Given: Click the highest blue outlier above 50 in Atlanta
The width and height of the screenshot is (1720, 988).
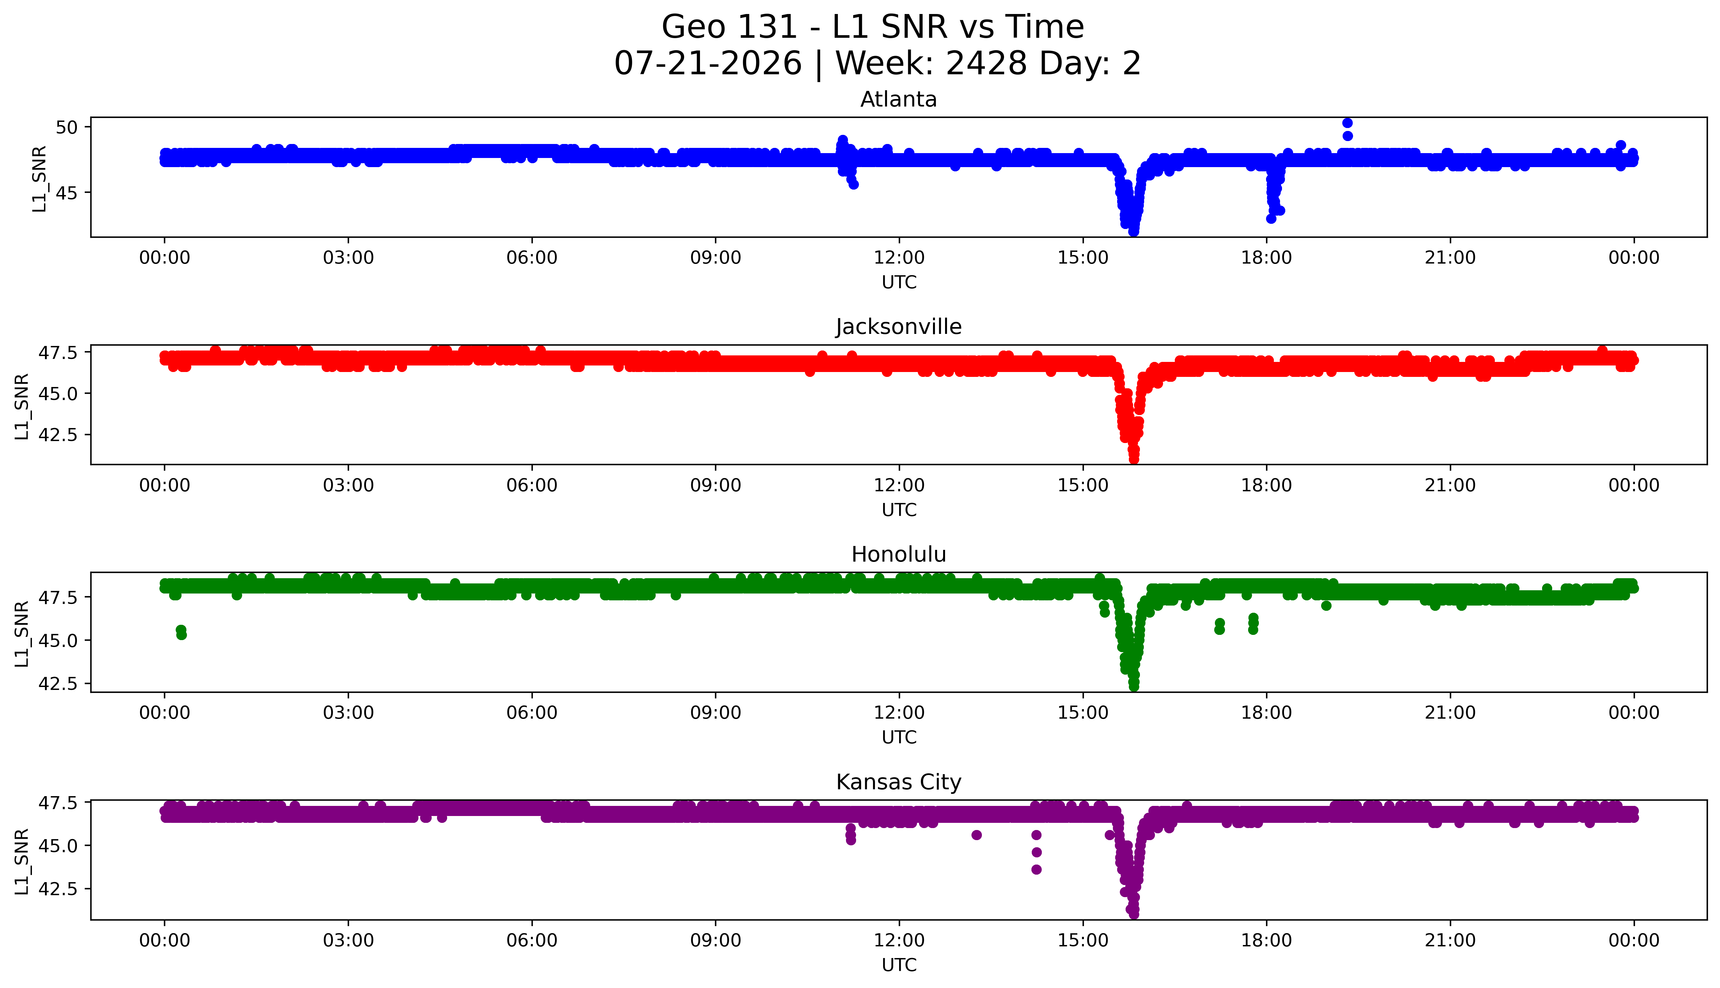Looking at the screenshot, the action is [1348, 123].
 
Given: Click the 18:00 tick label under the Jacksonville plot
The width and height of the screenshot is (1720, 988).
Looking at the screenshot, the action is [1267, 485].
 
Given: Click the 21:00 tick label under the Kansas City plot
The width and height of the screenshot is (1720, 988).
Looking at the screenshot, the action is [1450, 940].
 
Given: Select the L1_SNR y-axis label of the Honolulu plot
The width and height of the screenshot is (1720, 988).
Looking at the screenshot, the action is [22, 633].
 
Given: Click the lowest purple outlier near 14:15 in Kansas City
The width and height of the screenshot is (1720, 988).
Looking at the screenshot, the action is [1037, 869].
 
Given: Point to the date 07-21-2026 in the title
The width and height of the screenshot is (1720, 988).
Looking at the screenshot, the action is [708, 64].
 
